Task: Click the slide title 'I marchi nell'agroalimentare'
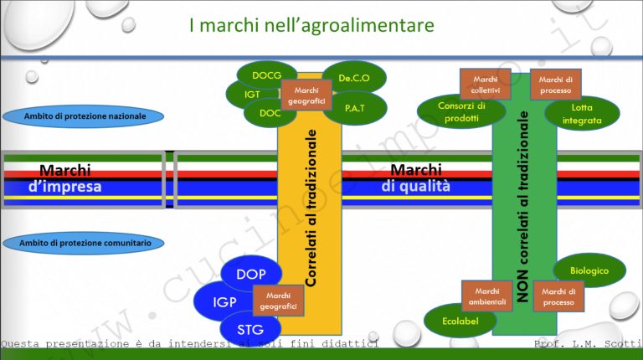[311, 26]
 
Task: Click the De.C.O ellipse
[354, 78]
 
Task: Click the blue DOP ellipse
[251, 275]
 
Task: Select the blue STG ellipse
[251, 328]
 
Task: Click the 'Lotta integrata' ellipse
[583, 114]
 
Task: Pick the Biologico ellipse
[590, 270]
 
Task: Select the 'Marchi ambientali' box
[486, 296]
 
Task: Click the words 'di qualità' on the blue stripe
[415, 187]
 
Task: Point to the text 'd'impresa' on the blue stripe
[64, 187]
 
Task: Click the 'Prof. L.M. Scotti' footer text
[586, 344]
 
